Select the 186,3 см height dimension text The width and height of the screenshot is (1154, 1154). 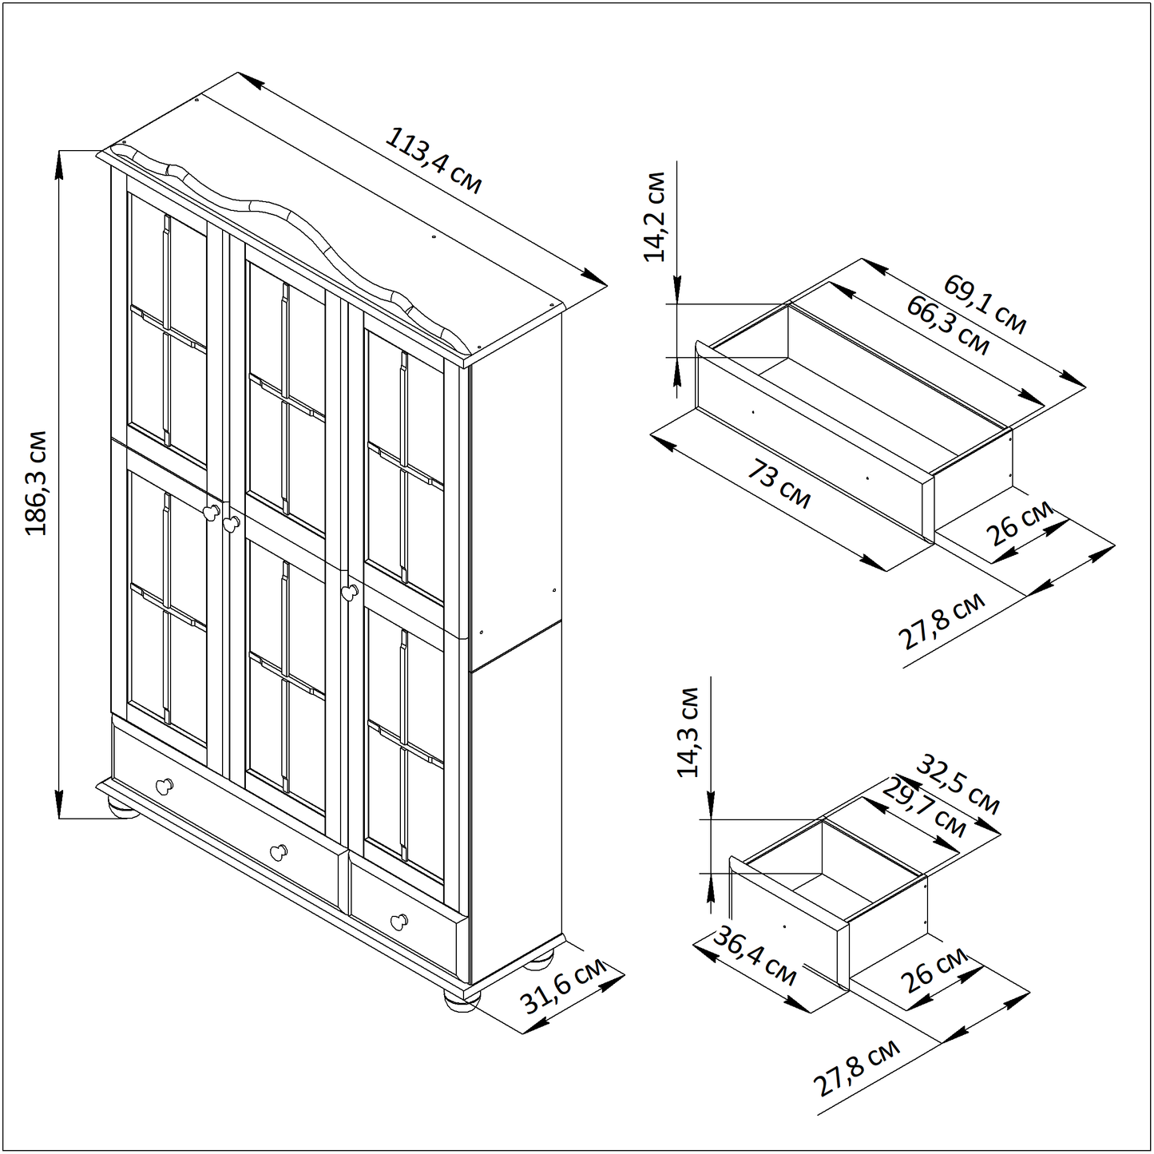point(36,482)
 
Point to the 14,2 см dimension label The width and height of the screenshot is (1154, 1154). point(654,216)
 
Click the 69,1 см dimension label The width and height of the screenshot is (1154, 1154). point(985,304)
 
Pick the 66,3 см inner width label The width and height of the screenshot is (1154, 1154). point(947,325)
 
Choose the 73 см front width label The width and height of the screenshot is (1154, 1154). point(779,484)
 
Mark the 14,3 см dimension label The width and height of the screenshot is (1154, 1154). point(688,732)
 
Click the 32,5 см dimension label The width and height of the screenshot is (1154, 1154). point(959,785)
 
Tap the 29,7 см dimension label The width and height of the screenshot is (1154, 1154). point(925,808)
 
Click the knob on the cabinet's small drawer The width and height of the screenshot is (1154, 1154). point(399,922)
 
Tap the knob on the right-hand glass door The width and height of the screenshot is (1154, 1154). point(349,592)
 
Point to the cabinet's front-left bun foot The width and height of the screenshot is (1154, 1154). point(123,809)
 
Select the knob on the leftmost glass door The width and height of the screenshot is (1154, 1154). point(212,513)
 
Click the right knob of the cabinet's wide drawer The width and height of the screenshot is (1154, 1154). point(279,851)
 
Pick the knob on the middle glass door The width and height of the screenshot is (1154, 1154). point(231,523)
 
